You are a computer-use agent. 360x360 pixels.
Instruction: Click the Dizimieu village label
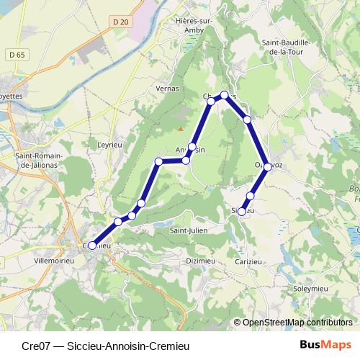(201, 261)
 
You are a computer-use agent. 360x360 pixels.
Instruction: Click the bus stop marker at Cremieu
(92, 246)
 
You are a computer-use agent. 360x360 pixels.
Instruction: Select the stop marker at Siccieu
(242, 212)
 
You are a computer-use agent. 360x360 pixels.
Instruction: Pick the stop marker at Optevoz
(268, 166)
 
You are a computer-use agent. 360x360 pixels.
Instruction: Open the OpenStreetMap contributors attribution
(297, 322)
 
